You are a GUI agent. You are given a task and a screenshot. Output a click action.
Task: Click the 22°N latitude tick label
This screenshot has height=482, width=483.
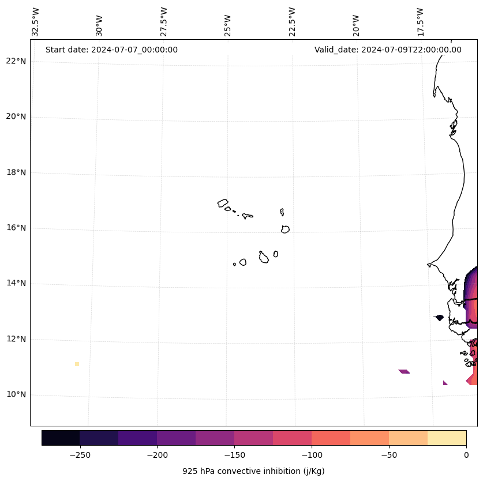point(16,61)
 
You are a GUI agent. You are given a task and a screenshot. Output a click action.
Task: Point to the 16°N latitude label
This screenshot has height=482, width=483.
point(16,228)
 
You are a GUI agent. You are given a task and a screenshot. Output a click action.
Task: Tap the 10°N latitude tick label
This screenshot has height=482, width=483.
point(16,394)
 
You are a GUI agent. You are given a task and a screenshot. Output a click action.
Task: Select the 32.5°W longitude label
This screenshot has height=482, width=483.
point(36,22)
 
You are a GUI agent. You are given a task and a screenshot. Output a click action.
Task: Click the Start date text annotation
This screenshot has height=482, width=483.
point(111,50)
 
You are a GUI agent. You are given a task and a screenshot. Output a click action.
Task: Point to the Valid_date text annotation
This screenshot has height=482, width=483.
point(388,50)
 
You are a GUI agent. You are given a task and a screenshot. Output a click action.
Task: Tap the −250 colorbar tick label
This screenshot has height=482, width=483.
point(80,454)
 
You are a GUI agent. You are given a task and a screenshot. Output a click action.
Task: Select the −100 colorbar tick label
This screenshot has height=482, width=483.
point(312,454)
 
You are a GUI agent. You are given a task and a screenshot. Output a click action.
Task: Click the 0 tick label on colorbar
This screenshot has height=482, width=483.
point(466,454)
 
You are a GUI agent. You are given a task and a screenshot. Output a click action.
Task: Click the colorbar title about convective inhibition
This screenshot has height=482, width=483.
point(253,471)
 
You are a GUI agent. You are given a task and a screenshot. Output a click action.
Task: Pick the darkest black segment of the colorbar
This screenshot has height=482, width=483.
point(61,438)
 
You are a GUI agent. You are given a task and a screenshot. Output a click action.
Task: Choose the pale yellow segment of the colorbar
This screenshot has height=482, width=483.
point(447,438)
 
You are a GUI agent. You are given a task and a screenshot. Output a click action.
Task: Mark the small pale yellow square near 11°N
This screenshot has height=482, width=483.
point(77,364)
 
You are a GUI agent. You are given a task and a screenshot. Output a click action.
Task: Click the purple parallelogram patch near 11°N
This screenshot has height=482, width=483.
point(404,371)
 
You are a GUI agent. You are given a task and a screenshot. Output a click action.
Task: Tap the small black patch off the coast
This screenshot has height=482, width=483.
point(439,317)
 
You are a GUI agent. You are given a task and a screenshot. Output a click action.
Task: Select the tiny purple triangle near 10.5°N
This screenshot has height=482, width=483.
point(445,383)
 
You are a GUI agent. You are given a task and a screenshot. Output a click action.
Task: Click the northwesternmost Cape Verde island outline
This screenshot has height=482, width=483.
point(223,203)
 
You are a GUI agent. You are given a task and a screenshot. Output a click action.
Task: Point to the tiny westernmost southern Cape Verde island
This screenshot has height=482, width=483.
point(234,264)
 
